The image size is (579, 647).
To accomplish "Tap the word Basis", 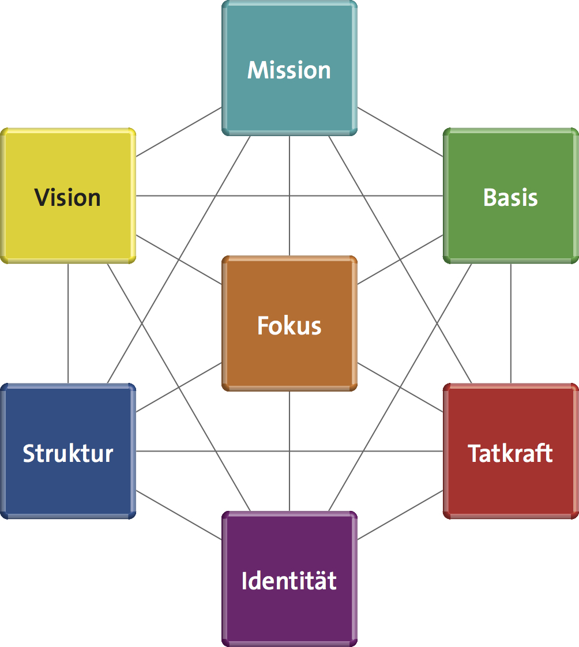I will pyautogui.click(x=510, y=198).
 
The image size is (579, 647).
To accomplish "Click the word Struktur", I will pyautogui.click(x=68, y=453).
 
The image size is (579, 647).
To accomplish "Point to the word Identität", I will pyautogui.click(x=289, y=581).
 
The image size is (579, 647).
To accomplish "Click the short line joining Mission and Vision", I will pyautogui.click(x=179, y=132).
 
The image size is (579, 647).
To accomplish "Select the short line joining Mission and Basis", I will pyautogui.click(x=400, y=132).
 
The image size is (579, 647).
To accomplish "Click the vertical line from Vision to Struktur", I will pyautogui.click(x=68, y=323).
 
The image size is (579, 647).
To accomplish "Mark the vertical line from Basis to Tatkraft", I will pyautogui.click(x=510, y=323).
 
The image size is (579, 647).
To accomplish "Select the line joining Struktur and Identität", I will pyautogui.click(x=179, y=515).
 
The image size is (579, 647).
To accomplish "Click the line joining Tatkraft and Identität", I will pyautogui.click(x=400, y=515).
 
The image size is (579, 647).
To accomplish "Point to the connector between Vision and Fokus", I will pyautogui.click(x=179, y=259).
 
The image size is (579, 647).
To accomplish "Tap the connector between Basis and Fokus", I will pyautogui.click(x=400, y=259).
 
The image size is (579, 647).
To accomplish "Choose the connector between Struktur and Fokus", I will pyautogui.click(x=179, y=388).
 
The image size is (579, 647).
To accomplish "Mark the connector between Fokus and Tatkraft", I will pyautogui.click(x=400, y=388).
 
